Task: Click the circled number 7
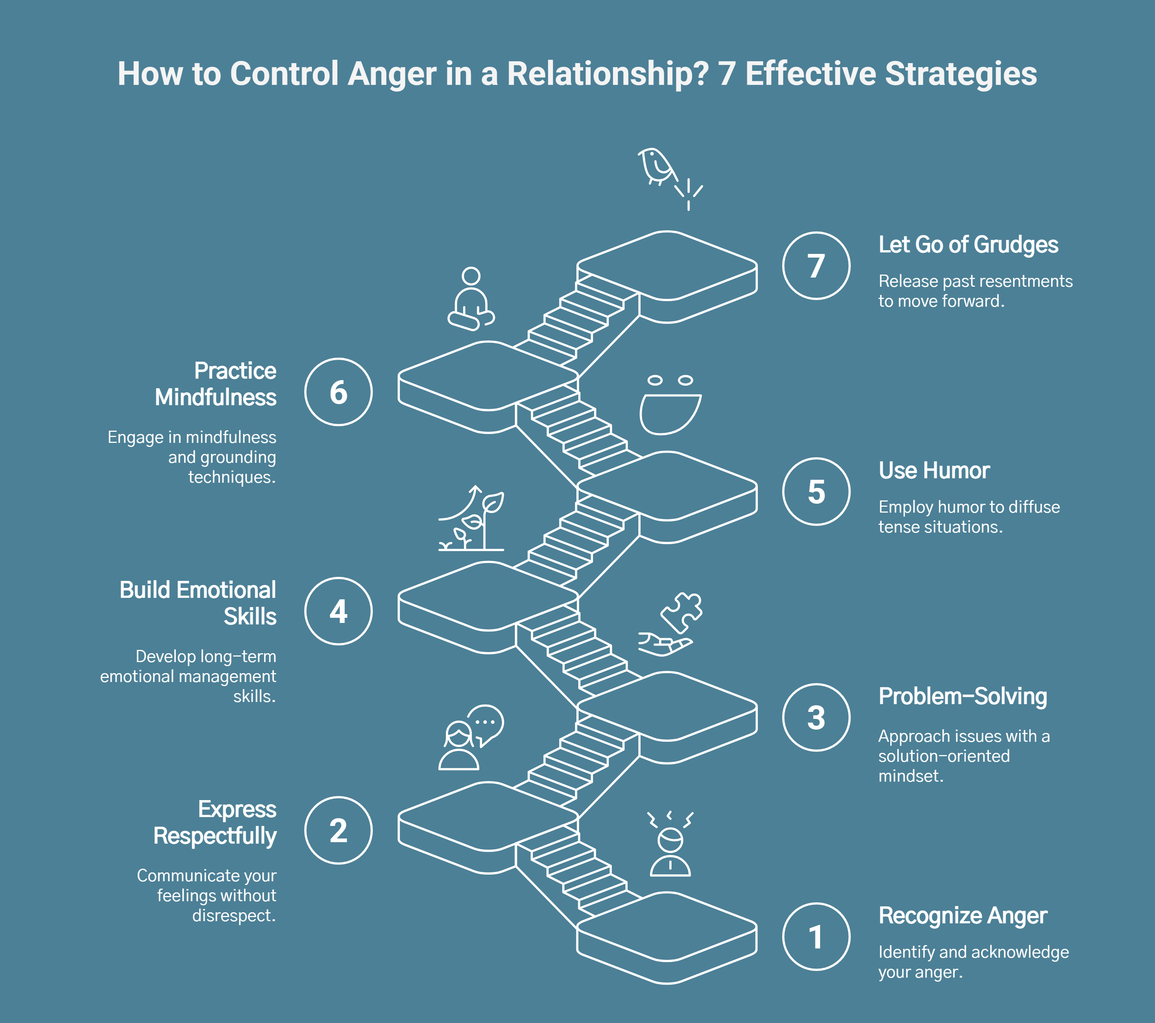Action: click(816, 266)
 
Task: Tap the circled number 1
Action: click(816, 937)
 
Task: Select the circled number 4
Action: click(338, 611)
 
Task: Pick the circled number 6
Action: click(338, 392)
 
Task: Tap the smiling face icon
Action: click(670, 406)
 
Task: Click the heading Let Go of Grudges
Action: click(968, 245)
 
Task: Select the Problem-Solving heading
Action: click(962, 696)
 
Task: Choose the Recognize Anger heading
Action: click(962, 916)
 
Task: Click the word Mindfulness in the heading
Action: click(215, 397)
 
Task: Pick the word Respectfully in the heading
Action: click(215, 836)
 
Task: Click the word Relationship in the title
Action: click(607, 74)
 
